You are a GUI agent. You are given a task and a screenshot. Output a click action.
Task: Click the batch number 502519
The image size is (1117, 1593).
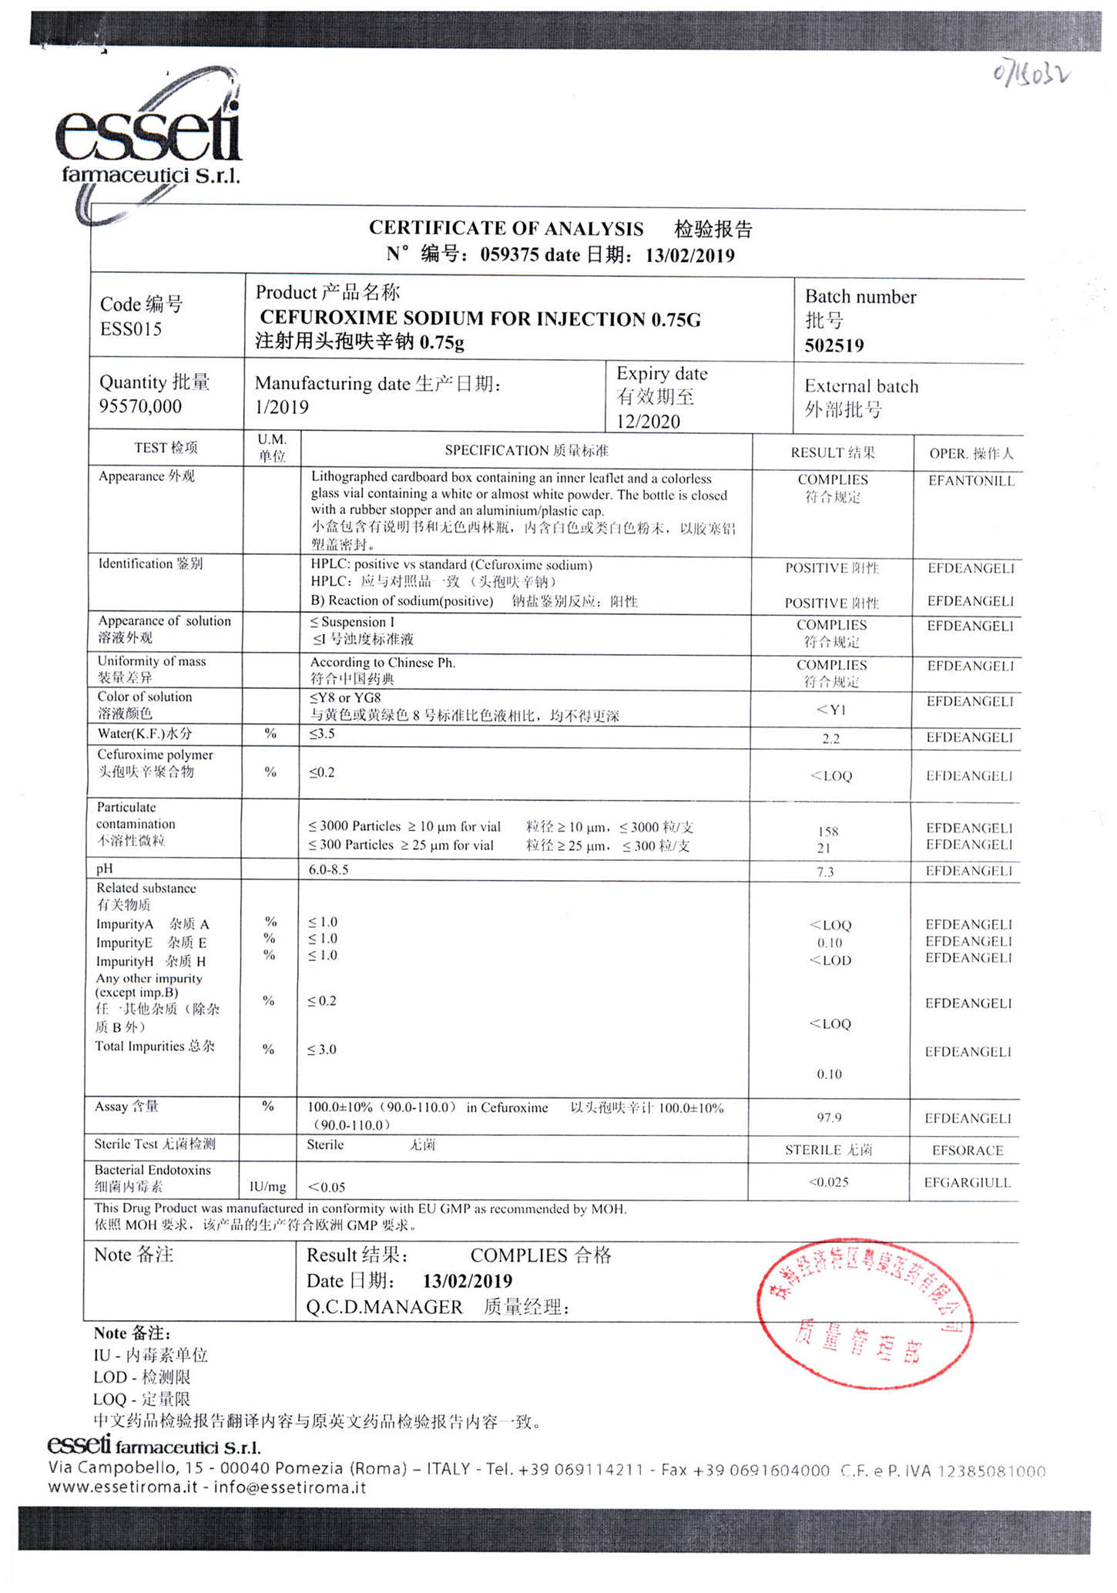(x=834, y=345)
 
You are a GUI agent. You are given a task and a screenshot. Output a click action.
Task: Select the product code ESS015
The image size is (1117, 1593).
(x=131, y=329)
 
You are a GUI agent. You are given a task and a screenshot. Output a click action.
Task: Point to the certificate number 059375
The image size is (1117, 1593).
(x=509, y=255)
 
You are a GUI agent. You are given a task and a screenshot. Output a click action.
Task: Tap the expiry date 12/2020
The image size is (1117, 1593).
(x=648, y=421)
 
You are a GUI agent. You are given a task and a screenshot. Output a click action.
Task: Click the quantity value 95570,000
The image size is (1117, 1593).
(x=140, y=406)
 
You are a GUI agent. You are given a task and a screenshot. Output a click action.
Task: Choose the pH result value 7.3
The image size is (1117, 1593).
(x=825, y=872)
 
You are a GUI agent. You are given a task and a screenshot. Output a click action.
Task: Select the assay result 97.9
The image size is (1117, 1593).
(x=829, y=1117)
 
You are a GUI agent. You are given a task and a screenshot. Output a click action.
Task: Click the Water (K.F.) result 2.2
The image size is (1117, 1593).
(x=830, y=738)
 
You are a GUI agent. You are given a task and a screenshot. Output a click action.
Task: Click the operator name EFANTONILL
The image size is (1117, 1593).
(x=971, y=481)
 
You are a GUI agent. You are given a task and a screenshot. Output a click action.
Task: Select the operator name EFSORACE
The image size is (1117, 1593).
(x=968, y=1151)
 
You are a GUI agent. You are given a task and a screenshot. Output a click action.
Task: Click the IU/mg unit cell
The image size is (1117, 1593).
(x=267, y=1186)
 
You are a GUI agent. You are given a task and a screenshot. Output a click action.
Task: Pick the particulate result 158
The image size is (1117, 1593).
(x=828, y=832)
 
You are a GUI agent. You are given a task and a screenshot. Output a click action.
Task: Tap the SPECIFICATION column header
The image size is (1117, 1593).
(x=526, y=450)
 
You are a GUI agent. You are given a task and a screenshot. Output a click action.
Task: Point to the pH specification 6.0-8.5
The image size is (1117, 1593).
(x=329, y=869)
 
